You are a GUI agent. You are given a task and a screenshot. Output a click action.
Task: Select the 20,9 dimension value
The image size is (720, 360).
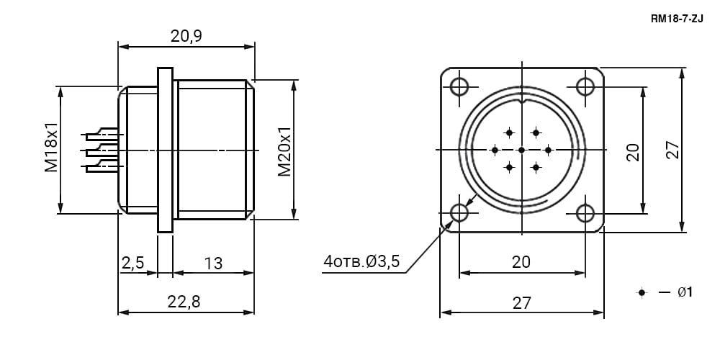click(x=186, y=36)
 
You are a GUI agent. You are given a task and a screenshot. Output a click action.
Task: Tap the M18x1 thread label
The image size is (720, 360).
click(x=51, y=148)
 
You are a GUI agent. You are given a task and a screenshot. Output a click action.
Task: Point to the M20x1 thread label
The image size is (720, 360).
click(x=284, y=151)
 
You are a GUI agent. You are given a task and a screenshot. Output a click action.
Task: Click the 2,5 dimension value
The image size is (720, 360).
click(x=132, y=263)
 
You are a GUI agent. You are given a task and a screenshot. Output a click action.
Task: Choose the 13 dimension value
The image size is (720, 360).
click(x=214, y=263)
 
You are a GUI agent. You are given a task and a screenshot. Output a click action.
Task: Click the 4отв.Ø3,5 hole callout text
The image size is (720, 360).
click(x=361, y=262)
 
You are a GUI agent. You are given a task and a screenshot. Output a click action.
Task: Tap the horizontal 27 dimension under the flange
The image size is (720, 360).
click(x=521, y=302)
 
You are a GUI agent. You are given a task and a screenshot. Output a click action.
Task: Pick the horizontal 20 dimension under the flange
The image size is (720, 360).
click(x=521, y=262)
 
